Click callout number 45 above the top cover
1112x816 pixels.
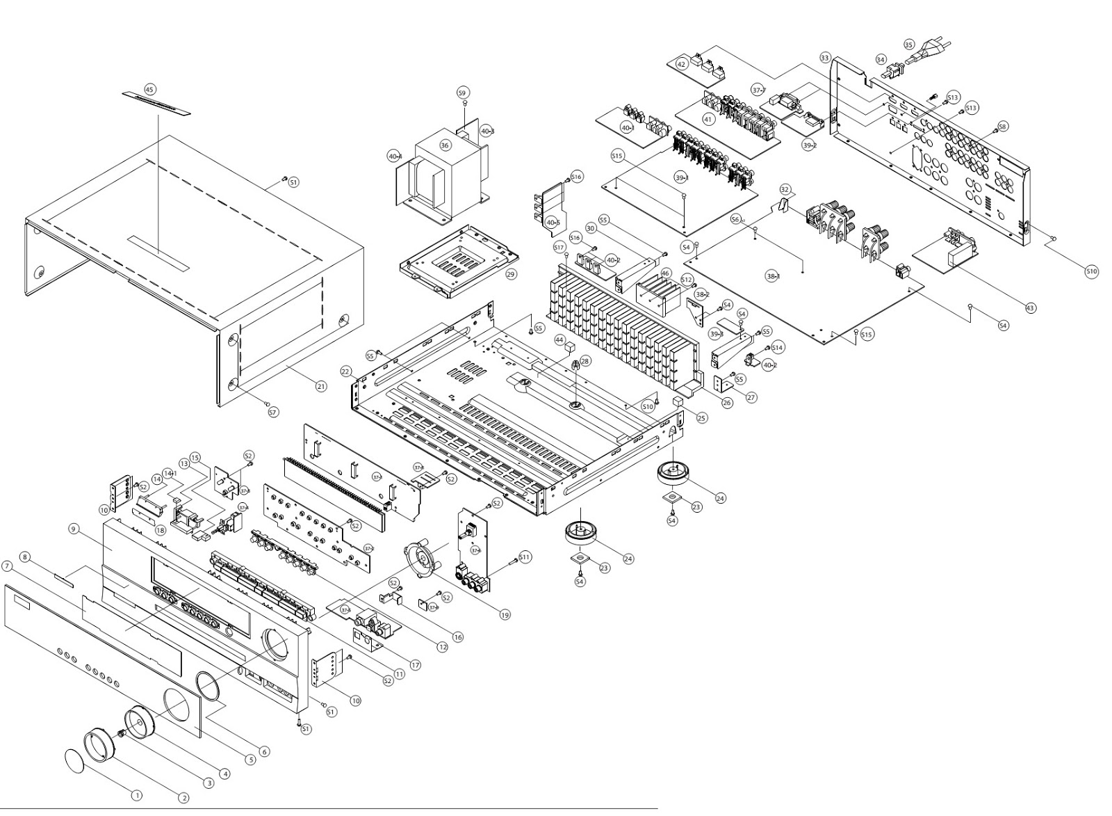coord(149,89)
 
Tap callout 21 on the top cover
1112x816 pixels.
coord(320,386)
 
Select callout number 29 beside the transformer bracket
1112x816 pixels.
coord(511,275)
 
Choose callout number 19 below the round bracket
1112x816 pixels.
coord(505,614)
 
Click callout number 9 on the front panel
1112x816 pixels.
coord(72,529)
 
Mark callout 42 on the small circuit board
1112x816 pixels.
coord(682,64)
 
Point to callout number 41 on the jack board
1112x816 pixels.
coord(708,119)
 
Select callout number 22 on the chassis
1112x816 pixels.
coord(345,372)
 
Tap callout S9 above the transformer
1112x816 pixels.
coord(463,93)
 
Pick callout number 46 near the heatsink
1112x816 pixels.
coord(666,273)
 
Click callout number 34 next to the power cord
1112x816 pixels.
coord(881,60)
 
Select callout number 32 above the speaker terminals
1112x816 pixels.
coord(785,189)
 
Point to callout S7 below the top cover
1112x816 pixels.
coord(272,413)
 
